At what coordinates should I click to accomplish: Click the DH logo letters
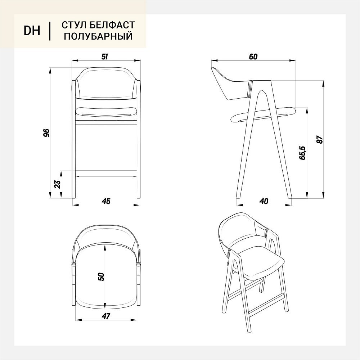pyautogui.click(x=32, y=31)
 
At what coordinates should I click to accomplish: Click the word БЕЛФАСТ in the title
pyautogui.click(x=112, y=25)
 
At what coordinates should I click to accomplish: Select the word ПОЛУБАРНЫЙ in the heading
pyautogui.click(x=98, y=36)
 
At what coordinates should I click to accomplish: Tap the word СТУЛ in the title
pyautogui.click(x=73, y=25)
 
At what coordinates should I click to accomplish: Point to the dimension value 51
pyautogui.click(x=105, y=57)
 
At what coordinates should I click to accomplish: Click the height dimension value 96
pyautogui.click(x=46, y=133)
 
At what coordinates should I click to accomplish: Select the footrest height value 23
pyautogui.click(x=58, y=184)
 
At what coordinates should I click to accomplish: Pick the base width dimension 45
pyautogui.click(x=106, y=201)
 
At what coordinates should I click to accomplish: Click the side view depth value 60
pyautogui.click(x=253, y=57)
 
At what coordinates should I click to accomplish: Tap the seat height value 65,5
pyautogui.click(x=302, y=153)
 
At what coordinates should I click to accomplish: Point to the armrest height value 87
pyautogui.click(x=319, y=140)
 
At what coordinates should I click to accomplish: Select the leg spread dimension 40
pyautogui.click(x=264, y=201)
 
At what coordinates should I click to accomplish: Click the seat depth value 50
pyautogui.click(x=101, y=276)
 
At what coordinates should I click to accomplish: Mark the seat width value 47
pyautogui.click(x=106, y=316)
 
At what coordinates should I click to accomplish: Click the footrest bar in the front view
pyautogui.click(x=106, y=174)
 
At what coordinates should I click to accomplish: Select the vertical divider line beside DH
pyautogui.click(x=50, y=31)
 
